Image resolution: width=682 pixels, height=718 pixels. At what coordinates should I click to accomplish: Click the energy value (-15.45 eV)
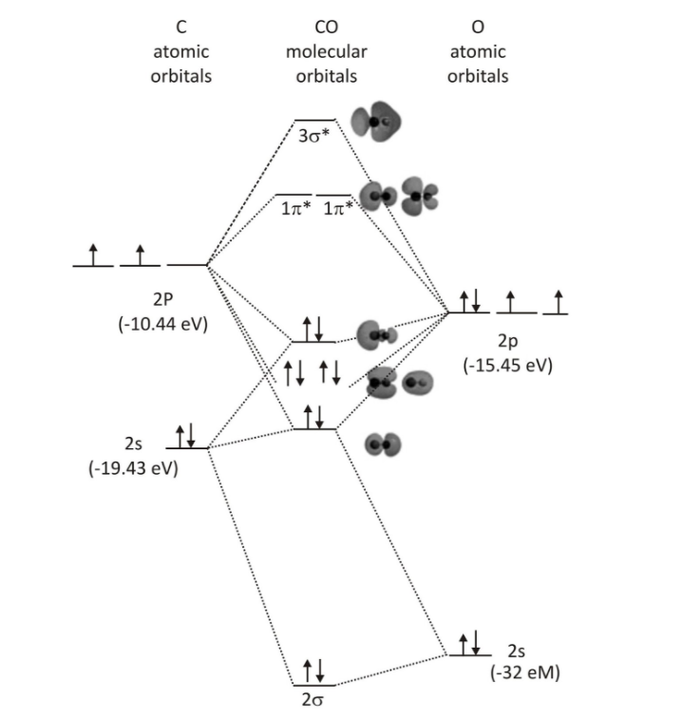click(x=507, y=365)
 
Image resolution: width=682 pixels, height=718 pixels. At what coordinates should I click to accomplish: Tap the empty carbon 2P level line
click(x=187, y=265)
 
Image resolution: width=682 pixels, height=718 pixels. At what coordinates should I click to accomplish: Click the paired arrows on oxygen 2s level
click(x=469, y=643)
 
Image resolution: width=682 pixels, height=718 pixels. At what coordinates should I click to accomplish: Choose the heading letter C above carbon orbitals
click(x=180, y=29)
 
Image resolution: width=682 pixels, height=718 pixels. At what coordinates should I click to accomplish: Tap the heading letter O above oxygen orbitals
click(x=478, y=29)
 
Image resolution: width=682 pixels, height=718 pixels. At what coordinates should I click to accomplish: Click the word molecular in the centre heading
click(x=327, y=52)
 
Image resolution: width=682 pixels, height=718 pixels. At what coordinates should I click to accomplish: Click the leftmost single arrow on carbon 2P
click(x=92, y=255)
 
